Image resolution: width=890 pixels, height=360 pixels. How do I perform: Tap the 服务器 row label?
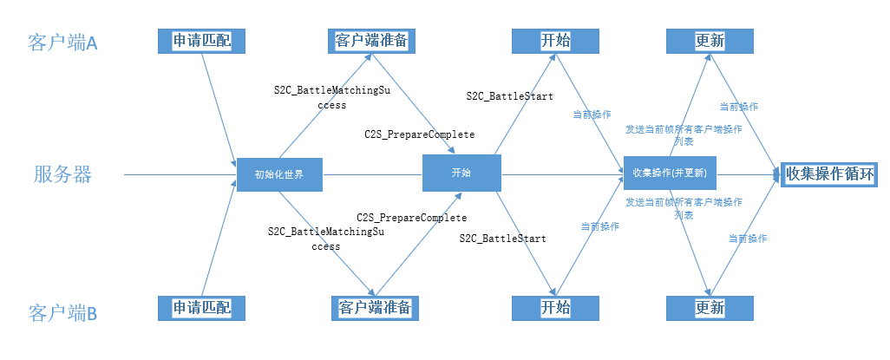pos(62,174)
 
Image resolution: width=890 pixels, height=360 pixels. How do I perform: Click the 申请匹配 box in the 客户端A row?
pos(202,41)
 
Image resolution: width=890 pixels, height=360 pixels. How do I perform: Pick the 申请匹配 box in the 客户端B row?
pos(202,308)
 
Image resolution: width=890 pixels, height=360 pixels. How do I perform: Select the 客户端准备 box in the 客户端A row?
pos(371,41)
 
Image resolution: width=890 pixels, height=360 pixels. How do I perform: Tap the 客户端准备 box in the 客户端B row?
pos(371,308)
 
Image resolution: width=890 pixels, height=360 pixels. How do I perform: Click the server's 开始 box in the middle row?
pos(461,173)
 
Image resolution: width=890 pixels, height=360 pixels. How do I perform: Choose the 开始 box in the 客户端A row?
pos(555,41)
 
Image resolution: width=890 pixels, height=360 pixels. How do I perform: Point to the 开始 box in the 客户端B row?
pos(555,308)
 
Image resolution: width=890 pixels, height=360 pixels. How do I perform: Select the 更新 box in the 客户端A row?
pos(710,41)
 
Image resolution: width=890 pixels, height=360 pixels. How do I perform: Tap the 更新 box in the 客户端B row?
pos(710,308)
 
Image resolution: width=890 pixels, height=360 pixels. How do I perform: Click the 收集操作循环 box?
pos(829,173)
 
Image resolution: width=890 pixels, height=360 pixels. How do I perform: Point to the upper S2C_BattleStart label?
pos(509,96)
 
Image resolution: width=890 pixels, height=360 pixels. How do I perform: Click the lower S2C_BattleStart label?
pos(502,238)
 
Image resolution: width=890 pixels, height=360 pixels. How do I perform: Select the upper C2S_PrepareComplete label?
pos(419,135)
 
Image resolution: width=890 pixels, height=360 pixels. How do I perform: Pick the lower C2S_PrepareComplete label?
pos(411,217)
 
